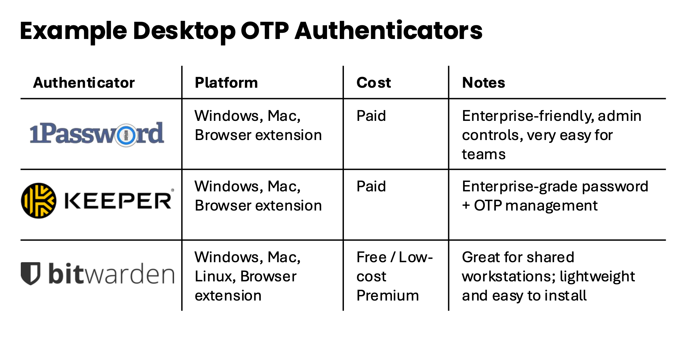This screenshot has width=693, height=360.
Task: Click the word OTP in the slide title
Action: pyautogui.click(x=264, y=31)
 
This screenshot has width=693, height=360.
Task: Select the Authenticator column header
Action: pyautogui.click(x=84, y=83)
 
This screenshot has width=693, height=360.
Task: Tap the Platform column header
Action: pyautogui.click(x=226, y=83)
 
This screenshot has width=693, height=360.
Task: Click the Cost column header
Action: pyautogui.click(x=373, y=83)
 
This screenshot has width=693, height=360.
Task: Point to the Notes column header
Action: pyautogui.click(x=484, y=83)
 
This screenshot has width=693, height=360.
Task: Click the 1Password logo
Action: pyautogui.click(x=97, y=134)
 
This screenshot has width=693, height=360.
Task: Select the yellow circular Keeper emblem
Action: pyautogui.click(x=39, y=200)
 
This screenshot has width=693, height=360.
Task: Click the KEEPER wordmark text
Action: pyautogui.click(x=118, y=200)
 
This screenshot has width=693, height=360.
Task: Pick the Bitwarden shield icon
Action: pyautogui.click(x=31, y=274)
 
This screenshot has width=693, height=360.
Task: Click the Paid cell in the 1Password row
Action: pyautogui.click(x=371, y=116)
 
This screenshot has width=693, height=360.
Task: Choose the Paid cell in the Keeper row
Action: pyautogui.click(x=371, y=186)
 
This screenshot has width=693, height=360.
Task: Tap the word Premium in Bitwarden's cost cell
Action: pyautogui.click(x=388, y=296)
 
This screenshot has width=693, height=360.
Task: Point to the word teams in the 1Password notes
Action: pyautogui.click(x=484, y=154)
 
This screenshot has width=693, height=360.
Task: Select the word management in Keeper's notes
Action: pyautogui.click(x=551, y=206)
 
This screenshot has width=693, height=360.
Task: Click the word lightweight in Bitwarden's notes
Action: pyautogui.click(x=597, y=276)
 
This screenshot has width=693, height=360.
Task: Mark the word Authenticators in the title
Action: pyautogui.click(x=388, y=31)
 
